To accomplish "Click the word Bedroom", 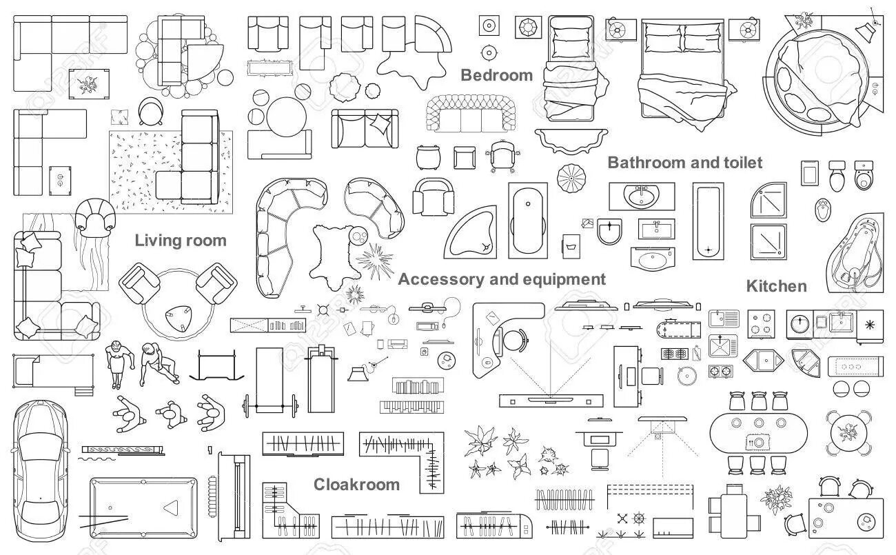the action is coord(496,75).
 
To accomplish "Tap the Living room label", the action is coord(181,241).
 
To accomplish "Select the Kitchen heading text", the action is coord(776,286).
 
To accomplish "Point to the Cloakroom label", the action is coord(356,485).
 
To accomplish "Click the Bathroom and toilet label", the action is coord(685,163).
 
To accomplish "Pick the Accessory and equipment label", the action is coord(502,279).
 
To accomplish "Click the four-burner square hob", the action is coord(762,323).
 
